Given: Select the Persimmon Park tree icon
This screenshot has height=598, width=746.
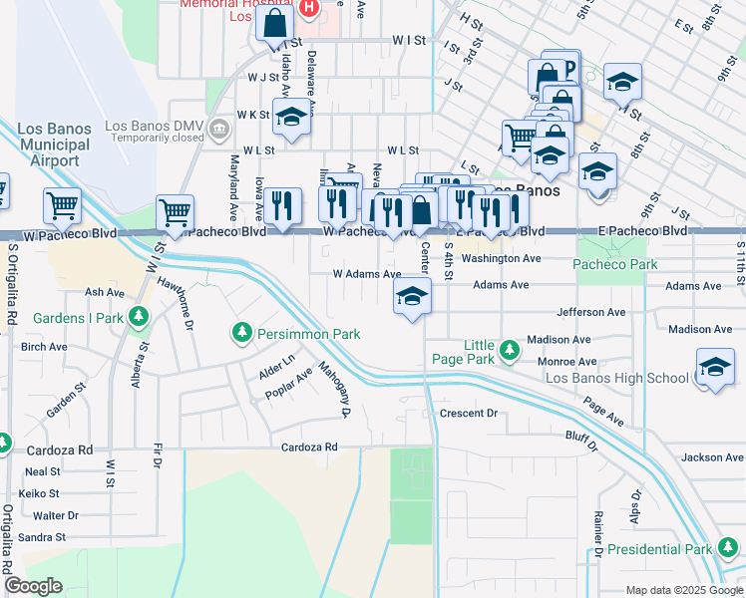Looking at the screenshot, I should [242, 332].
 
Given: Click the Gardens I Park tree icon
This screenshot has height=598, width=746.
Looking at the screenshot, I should [139, 318].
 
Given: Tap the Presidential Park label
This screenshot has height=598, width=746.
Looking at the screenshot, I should [659, 549].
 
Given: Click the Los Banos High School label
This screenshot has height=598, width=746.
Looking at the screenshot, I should [616, 378].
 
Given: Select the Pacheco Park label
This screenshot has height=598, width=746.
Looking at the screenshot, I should [615, 264].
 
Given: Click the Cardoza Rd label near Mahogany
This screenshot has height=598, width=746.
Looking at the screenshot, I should [309, 447].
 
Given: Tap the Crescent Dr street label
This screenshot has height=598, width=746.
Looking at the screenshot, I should [468, 413].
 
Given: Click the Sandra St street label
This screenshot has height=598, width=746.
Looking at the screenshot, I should [42, 536].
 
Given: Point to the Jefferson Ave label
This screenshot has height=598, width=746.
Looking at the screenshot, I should [591, 312].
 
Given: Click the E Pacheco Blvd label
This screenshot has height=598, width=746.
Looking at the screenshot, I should [643, 230].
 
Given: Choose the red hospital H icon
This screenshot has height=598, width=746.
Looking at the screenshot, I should [308, 8].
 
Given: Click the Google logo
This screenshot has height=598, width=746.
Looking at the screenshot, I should [34, 586].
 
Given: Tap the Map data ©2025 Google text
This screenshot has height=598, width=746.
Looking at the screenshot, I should [682, 590].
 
